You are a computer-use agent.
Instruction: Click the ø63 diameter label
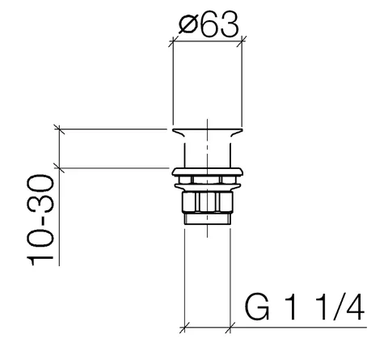pyautogui.click(x=209, y=24)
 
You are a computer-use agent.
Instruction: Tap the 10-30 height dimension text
pyautogui.click(x=40, y=220)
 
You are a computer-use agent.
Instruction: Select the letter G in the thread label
pyautogui.click(x=257, y=307)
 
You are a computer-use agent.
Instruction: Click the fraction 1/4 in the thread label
pyautogui.click(x=340, y=307)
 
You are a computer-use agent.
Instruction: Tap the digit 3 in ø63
pyautogui.click(x=230, y=24)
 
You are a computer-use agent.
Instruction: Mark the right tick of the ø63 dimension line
pyautogui.click(x=242, y=41)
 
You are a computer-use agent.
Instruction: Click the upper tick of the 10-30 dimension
pyautogui.click(x=59, y=129)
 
